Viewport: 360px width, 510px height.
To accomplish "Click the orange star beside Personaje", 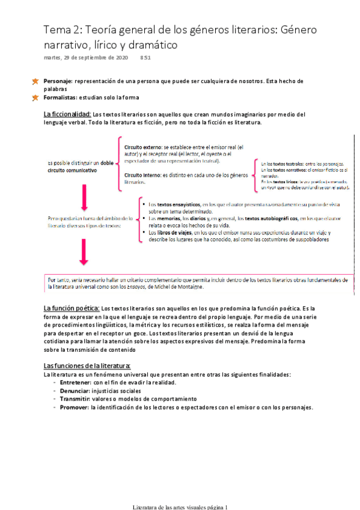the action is [x=35, y=81].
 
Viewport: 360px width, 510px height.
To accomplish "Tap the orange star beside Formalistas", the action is [x=35, y=97].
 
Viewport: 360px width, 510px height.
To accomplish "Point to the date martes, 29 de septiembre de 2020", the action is [x=86, y=58].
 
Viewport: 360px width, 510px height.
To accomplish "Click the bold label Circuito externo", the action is [x=142, y=146].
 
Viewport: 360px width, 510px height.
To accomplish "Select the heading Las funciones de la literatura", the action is [x=87, y=366].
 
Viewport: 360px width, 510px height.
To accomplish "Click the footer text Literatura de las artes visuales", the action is [x=168, y=507].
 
